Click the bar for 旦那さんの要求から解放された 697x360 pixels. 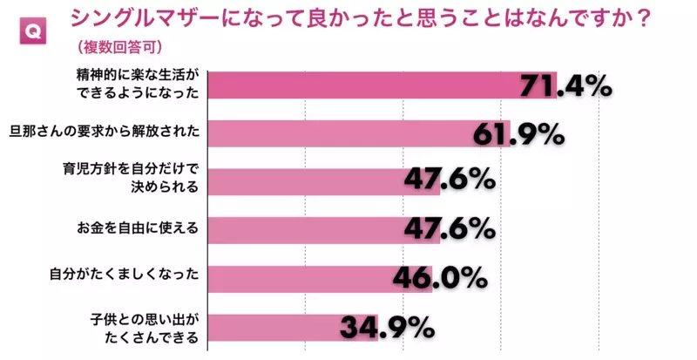point(340,133)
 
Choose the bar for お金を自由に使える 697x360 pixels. point(305,229)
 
